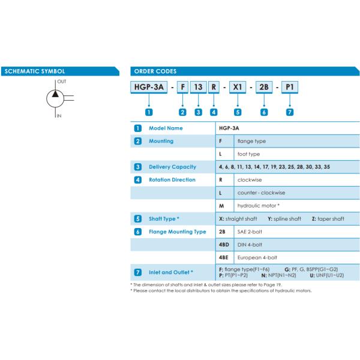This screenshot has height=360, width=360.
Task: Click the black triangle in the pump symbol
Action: (55, 94)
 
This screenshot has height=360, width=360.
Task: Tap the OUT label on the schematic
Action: (62, 82)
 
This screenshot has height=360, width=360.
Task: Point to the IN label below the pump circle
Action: (59, 116)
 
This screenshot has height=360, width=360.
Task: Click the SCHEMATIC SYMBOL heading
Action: (35, 71)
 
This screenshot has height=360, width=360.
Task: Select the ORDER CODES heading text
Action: (155, 71)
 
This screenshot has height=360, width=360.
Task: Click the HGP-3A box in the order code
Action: (149, 87)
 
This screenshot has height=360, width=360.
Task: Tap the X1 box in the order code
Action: (238, 87)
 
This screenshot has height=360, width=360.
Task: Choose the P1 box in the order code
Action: (290, 87)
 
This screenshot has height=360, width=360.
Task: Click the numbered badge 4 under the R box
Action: (214, 112)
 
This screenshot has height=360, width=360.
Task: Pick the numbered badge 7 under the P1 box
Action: (290, 112)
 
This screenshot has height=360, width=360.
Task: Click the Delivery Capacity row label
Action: (172, 167)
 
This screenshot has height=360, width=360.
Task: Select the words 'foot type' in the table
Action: (248, 154)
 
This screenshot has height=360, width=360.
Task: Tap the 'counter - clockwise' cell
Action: (261, 193)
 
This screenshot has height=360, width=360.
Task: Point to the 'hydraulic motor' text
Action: (257, 206)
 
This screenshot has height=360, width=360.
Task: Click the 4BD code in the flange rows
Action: (224, 245)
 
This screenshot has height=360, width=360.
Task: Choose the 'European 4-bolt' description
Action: (257, 257)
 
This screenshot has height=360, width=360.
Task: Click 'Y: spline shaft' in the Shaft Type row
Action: (284, 219)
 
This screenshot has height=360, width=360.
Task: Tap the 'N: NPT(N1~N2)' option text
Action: (278, 275)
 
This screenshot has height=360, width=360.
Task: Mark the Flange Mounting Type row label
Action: (178, 232)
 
